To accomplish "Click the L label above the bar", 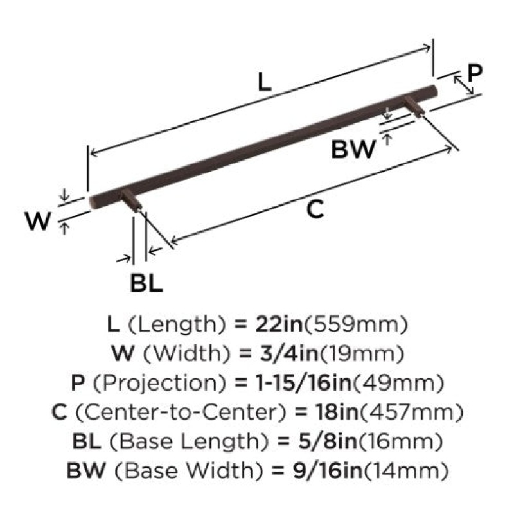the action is click(x=265, y=82).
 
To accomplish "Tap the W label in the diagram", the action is click(x=39, y=221).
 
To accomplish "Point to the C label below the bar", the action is click(x=315, y=209).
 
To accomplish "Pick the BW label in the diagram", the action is click(x=353, y=150).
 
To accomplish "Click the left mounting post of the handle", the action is click(x=132, y=201).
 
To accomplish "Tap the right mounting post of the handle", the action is click(x=414, y=106).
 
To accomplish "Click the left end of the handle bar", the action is click(x=93, y=201).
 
